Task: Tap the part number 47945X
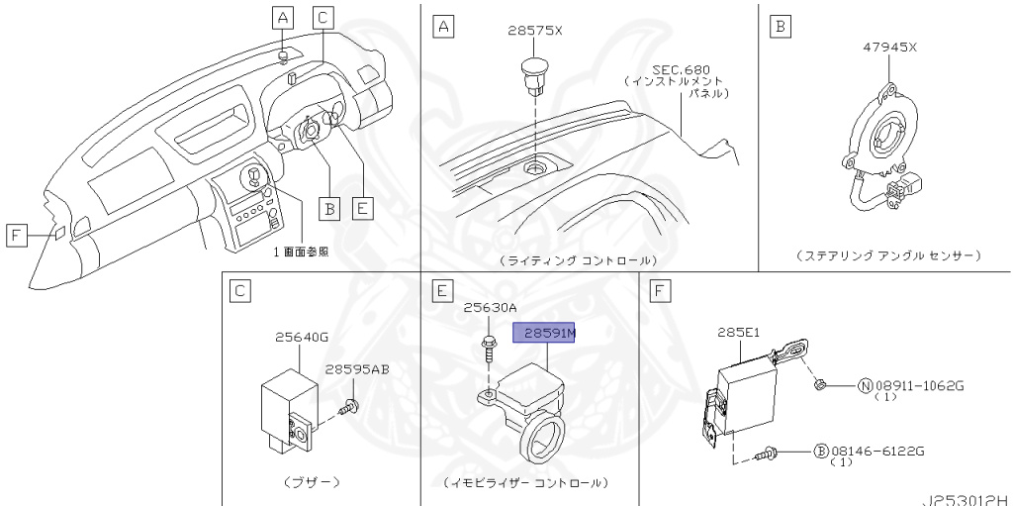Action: click(x=890, y=47)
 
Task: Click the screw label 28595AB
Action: click(x=357, y=369)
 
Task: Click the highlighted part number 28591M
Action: click(x=544, y=335)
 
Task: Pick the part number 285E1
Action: click(x=739, y=334)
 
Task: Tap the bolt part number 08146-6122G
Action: click(x=876, y=451)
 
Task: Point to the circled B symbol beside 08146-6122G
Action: click(x=820, y=451)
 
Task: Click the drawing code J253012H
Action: click(x=966, y=498)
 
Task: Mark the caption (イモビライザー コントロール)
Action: click(x=526, y=482)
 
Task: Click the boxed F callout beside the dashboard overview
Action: click(x=17, y=235)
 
